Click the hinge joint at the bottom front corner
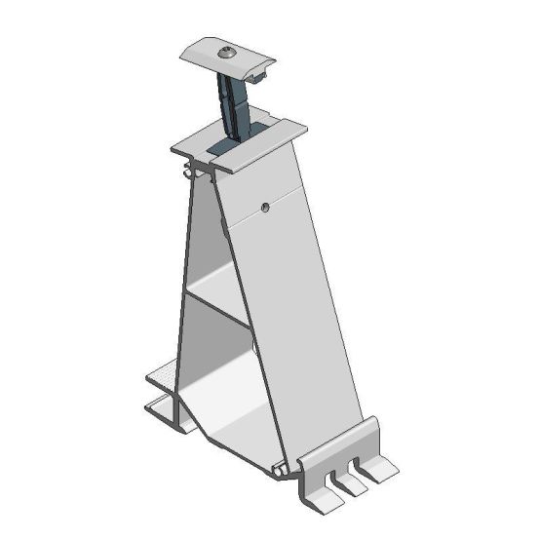coord(284,472)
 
